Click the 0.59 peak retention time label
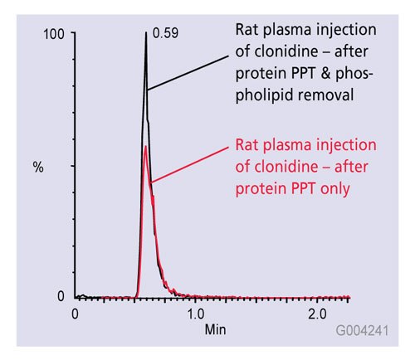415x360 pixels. tap(164, 35)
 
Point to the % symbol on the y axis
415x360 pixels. tap(37, 166)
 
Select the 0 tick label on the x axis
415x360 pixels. tap(76, 314)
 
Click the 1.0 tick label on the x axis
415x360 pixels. tap(195, 314)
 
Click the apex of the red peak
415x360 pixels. tap(146, 147)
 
